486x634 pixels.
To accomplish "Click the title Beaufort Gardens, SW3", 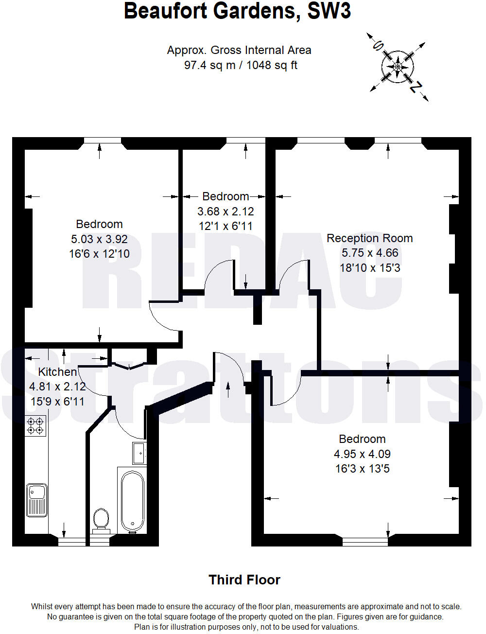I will click(237, 11).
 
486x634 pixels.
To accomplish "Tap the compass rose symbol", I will click(398, 66).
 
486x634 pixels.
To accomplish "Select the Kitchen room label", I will click(57, 372).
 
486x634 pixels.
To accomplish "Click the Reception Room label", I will click(369, 238).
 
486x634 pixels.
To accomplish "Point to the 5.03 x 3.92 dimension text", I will click(99, 239).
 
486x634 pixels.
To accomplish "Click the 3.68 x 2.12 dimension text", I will click(226, 211).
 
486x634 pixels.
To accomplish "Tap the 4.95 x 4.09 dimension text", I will click(362, 454).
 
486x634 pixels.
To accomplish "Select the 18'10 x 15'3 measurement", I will click(370, 268).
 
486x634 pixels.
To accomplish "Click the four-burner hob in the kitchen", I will click(36, 426).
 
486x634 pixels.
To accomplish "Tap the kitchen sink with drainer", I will click(37, 499).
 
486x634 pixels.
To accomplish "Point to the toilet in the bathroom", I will click(101, 519).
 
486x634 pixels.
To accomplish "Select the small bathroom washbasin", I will click(139, 453).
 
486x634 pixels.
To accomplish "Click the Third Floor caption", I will click(244, 580).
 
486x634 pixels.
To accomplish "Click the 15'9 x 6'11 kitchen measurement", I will click(57, 402).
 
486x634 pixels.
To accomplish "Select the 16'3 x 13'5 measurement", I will click(362, 469).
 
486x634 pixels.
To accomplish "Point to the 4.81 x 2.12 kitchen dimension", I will click(57, 387).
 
